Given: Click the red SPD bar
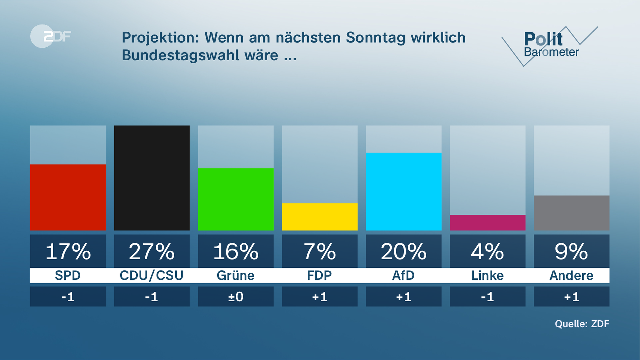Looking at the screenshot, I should click(68, 197).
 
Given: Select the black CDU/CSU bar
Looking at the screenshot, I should click(152, 178).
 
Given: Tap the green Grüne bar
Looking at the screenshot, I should click(236, 199).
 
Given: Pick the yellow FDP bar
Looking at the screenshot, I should click(320, 217).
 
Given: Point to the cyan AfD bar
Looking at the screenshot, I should click(404, 191).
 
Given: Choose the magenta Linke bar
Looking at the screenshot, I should click(487, 223).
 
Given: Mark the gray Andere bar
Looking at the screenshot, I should click(571, 213).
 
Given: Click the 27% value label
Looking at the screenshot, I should click(152, 251).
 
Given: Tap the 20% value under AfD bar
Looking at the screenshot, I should click(404, 251).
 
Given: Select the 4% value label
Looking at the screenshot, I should click(487, 251).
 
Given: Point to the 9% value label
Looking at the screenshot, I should click(571, 251).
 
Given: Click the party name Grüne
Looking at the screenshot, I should click(236, 276).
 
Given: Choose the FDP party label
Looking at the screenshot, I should click(320, 276).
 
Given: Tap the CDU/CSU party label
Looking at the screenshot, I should click(152, 276).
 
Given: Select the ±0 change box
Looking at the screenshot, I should click(236, 297).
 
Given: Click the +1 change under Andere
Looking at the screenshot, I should click(571, 297).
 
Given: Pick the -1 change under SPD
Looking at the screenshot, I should click(68, 297).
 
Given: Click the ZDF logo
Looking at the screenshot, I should click(51, 36).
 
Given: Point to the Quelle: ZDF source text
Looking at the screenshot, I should click(582, 324).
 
